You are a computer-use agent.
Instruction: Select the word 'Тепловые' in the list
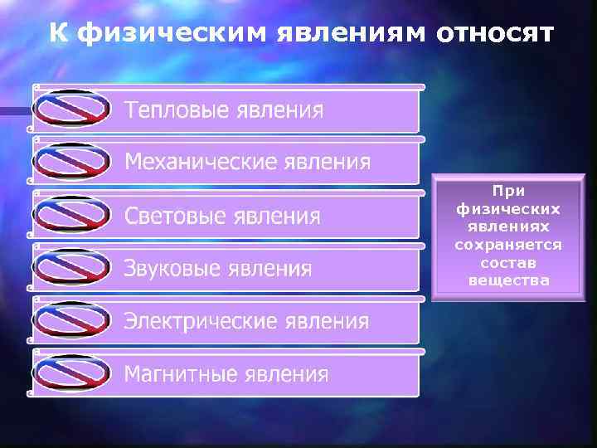click(177, 111)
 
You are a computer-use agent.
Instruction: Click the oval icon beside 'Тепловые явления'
click(72, 108)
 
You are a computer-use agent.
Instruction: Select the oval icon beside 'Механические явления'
click(72, 161)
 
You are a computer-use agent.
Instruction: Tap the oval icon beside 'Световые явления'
click(72, 214)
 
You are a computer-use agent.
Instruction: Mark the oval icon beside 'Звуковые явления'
click(72, 267)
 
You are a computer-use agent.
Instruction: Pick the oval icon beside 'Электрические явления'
click(72, 320)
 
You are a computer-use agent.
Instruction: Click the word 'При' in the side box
click(508, 191)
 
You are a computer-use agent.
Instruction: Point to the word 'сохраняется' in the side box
click(508, 245)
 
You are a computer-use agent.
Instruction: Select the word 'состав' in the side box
click(508, 263)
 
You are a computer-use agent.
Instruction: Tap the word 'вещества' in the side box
click(508, 280)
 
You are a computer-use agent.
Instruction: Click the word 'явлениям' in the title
click(349, 33)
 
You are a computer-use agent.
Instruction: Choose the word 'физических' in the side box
click(508, 209)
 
